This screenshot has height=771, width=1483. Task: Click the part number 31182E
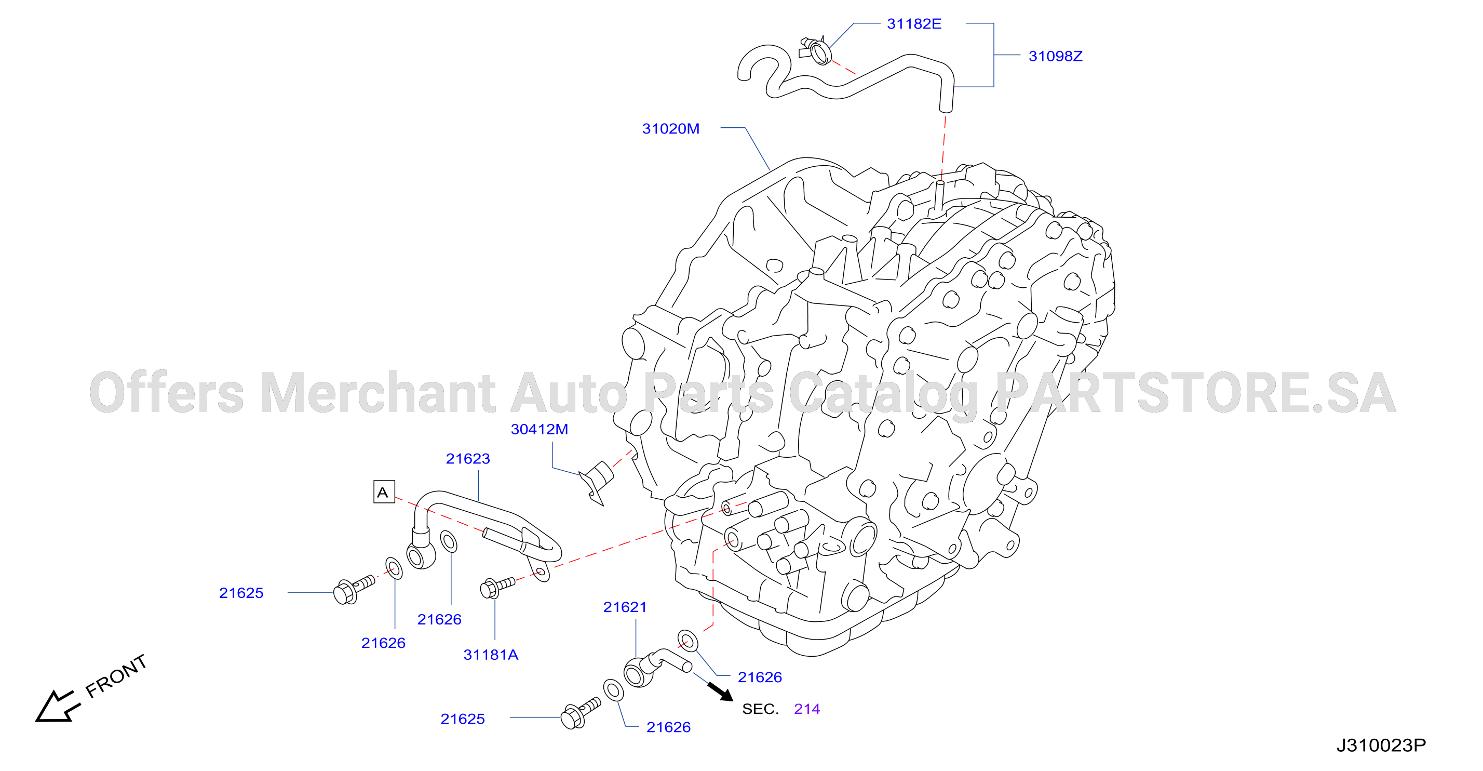914,23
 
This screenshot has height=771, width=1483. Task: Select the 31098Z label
1055,56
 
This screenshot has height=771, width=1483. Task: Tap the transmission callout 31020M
671,128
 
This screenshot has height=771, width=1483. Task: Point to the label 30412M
540,429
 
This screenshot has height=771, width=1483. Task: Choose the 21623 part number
467,458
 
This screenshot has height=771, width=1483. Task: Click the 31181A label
491,654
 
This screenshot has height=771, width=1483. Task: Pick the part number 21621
625,607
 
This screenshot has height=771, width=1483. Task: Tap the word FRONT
116,676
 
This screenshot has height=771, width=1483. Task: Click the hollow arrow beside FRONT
57,707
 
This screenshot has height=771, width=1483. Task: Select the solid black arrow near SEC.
720,692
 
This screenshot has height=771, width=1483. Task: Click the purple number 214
806,709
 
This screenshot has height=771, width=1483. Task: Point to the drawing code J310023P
1381,746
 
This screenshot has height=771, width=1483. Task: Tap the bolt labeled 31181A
497,587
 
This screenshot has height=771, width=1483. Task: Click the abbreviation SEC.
760,709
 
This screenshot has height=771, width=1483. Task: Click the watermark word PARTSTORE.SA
1195,392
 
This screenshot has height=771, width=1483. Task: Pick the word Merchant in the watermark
378,392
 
